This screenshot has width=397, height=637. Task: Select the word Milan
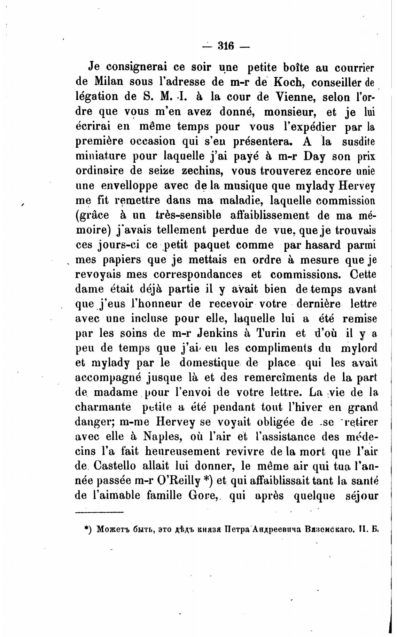coord(108,82)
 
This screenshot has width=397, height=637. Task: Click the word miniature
coord(102,156)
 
